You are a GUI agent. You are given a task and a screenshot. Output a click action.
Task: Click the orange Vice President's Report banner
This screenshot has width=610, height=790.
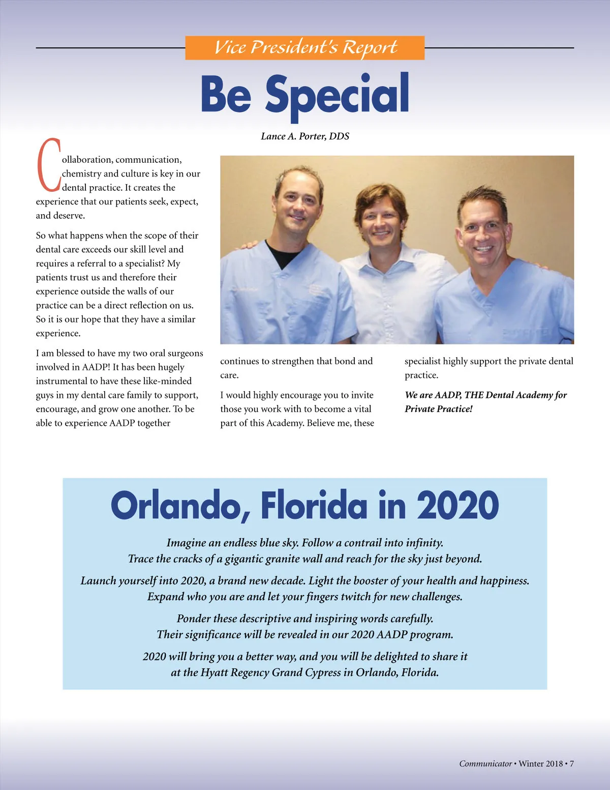tap(304, 47)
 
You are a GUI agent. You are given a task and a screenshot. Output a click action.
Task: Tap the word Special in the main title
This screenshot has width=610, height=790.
tap(337, 95)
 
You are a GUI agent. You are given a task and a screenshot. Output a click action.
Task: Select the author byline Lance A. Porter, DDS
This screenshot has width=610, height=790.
tap(304, 136)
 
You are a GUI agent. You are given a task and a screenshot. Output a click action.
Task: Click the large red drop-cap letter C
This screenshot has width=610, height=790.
tap(48, 165)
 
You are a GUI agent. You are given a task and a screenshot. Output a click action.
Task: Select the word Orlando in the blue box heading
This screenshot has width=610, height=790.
tap(180, 506)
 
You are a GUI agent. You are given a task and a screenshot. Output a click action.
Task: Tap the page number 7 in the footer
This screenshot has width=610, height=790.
tap(571, 764)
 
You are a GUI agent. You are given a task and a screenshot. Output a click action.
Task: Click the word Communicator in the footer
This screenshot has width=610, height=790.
tap(485, 764)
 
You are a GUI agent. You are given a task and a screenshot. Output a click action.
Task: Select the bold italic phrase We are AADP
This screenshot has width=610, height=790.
tap(433, 395)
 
